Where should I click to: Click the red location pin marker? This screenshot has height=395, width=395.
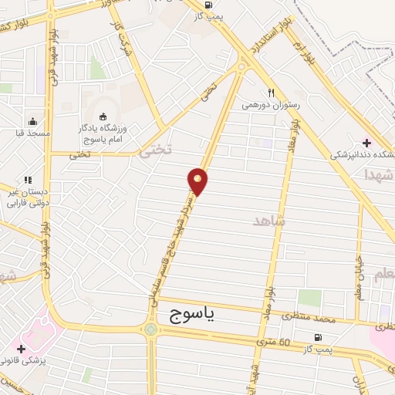tap(198, 181)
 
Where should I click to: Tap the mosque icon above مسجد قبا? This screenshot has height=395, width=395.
tap(32, 121)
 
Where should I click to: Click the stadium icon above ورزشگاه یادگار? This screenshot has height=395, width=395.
tap(103, 116)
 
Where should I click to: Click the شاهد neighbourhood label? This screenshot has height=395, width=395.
tap(269, 221)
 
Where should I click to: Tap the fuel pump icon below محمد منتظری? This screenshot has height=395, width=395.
tap(317, 337)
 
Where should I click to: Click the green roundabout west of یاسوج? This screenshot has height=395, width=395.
tap(150, 331)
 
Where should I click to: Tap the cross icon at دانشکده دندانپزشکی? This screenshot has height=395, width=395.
tap(366, 142)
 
